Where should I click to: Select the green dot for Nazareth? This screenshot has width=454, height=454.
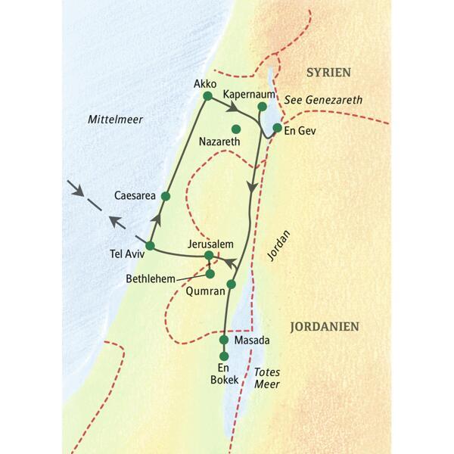[x=236, y=129]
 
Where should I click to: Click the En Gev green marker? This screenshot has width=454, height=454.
[x=277, y=127]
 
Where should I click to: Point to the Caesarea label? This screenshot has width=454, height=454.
[x=135, y=196]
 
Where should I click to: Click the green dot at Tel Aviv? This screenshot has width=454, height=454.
[x=150, y=246]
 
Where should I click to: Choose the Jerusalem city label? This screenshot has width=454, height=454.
[x=207, y=244]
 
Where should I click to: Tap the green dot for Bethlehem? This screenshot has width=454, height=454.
[x=210, y=273]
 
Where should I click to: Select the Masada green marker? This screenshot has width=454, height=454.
[x=223, y=340]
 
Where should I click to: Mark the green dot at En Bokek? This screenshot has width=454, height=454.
[x=223, y=356]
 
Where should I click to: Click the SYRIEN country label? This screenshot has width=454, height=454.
[x=328, y=72]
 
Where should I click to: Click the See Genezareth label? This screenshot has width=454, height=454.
[x=325, y=99]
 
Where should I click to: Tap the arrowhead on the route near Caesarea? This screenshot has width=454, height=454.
[x=159, y=218]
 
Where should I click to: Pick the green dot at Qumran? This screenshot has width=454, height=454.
[x=232, y=285]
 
